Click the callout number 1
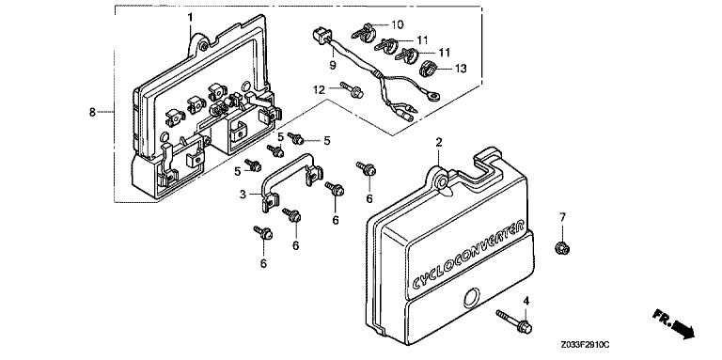point(190,18)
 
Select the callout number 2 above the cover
point(439,142)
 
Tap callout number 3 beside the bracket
point(243,195)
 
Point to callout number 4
point(526,302)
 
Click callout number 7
point(562,216)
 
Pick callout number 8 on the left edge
point(92,112)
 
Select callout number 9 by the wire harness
point(332,66)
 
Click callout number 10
point(397,24)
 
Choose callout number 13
point(461,69)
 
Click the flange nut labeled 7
point(562,248)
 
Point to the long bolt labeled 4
point(514,321)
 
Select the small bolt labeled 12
point(353,90)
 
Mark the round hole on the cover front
point(471,297)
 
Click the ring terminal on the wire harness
point(432,96)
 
